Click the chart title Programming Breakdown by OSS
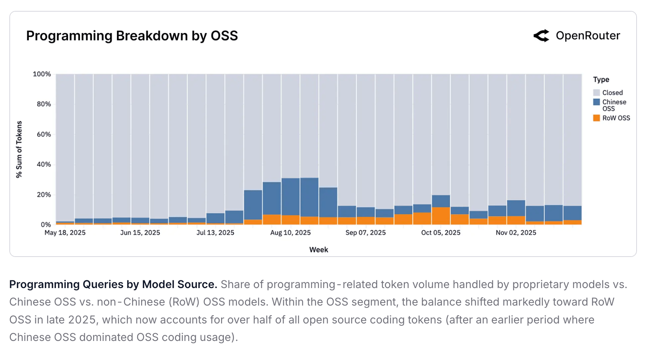[x=132, y=36]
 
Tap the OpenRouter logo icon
[x=541, y=36]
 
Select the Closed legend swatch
[x=597, y=93]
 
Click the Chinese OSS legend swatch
[x=597, y=102]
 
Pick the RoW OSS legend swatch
[x=597, y=118]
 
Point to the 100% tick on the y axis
[x=42, y=74]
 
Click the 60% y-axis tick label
[x=44, y=134]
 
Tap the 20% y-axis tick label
[x=44, y=194]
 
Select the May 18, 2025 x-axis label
[x=65, y=232]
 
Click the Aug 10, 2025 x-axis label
[x=290, y=232]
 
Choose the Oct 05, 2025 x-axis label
[x=441, y=232]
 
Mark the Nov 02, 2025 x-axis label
[x=516, y=232]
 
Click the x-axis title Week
[x=319, y=250]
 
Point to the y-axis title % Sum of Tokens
[x=19, y=149]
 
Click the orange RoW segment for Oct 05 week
[x=441, y=216]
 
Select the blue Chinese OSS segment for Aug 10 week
[x=290, y=197]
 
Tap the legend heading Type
[x=601, y=80]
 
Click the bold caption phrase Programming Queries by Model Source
[x=113, y=285]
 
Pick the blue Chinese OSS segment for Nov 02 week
[x=516, y=208]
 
